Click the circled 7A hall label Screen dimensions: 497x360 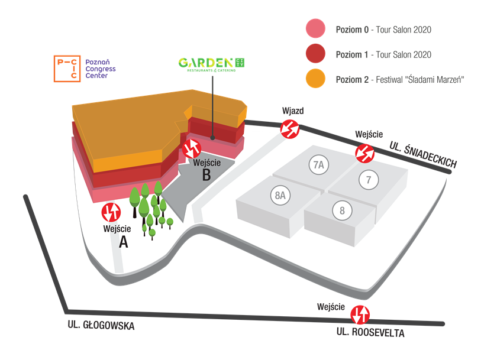(319, 165)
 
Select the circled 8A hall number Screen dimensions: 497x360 (280, 195)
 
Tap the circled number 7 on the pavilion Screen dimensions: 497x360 (369, 180)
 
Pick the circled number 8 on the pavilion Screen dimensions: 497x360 (343, 210)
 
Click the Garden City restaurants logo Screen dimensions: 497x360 (211, 64)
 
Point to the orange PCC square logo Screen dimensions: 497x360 (67, 69)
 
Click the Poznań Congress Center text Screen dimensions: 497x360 (101, 69)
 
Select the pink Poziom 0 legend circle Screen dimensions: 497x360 (316, 28)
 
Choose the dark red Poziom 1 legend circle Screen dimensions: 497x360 (316, 53)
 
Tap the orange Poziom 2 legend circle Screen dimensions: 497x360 (316, 78)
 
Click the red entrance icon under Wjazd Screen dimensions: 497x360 (290, 129)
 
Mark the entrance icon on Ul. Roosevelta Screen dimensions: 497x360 (360, 314)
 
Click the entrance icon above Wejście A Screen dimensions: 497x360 (111, 212)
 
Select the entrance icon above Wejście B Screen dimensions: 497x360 (192, 148)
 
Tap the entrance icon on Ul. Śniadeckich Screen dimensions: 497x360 (365, 153)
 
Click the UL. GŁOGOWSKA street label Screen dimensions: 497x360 (101, 325)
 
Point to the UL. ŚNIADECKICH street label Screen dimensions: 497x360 (423, 154)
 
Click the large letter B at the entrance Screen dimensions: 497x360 (206, 175)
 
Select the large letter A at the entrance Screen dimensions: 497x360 (124, 242)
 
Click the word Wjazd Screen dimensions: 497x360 (293, 111)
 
